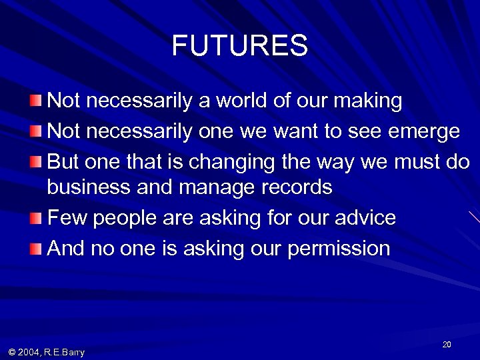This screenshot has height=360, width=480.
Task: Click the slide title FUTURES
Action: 239,46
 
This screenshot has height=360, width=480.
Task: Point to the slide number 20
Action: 447,344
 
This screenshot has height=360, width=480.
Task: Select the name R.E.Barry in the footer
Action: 65,352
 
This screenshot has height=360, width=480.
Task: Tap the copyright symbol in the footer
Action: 12,352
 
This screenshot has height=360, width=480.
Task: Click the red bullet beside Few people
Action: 35,217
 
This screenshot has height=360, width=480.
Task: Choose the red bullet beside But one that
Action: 35,162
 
